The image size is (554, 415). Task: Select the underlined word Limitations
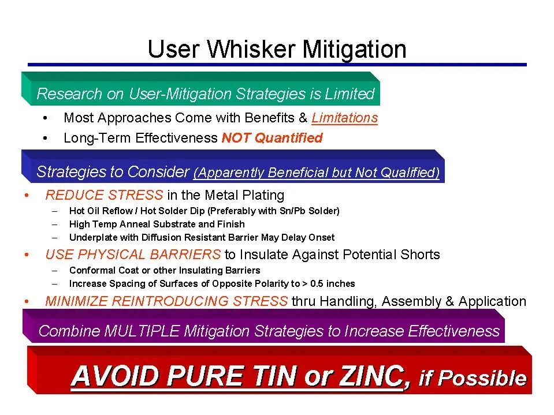[x=344, y=118]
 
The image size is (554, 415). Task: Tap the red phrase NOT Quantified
[x=272, y=138]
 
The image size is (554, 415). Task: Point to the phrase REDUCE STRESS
[x=104, y=195]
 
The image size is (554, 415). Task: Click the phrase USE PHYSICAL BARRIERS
[x=133, y=255]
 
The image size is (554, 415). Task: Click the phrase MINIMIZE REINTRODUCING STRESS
[x=166, y=301]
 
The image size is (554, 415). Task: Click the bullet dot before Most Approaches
[x=45, y=118]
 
